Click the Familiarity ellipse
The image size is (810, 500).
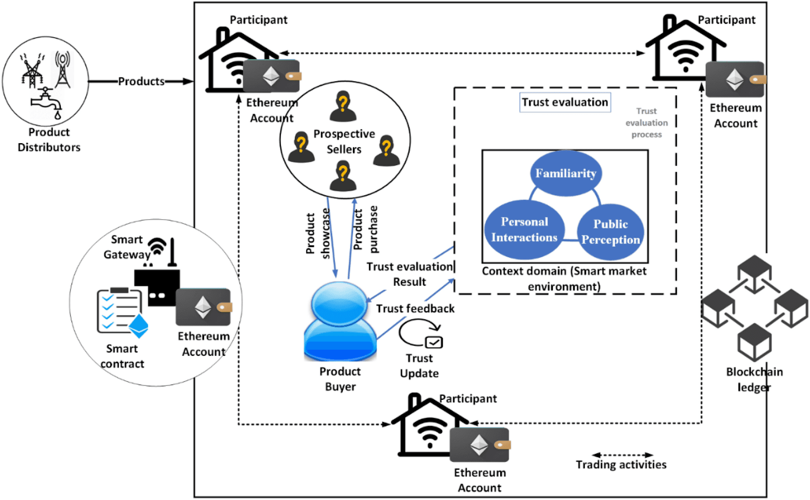[x=565, y=174]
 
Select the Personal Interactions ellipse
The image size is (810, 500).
[x=524, y=229]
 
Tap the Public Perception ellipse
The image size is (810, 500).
[x=611, y=232]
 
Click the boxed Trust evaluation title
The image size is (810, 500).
[x=565, y=102]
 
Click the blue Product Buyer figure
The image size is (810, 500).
[x=340, y=322]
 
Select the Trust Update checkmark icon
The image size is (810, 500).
[x=433, y=342]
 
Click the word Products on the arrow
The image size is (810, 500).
[x=141, y=81]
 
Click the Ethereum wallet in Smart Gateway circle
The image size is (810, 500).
[x=204, y=307]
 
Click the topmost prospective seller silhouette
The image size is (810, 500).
[x=343, y=106]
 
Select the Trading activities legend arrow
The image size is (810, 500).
[x=622, y=455]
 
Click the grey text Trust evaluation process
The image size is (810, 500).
[x=646, y=123]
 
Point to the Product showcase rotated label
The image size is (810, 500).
[x=317, y=233]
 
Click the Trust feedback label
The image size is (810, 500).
[x=415, y=309]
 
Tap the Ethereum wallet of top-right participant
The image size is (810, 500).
[x=735, y=79]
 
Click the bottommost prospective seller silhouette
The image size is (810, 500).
[x=343, y=176]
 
